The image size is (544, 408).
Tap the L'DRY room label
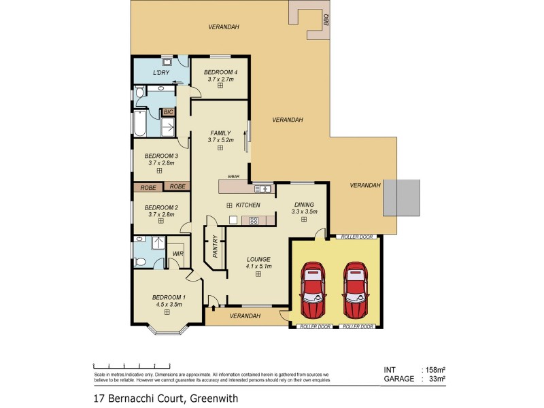point(161,73)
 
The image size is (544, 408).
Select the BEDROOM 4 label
point(220,72)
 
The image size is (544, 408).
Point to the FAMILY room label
point(220,133)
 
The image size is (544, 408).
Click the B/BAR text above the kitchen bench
point(233,177)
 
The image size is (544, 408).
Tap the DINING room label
point(303,204)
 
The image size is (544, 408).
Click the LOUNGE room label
point(258,259)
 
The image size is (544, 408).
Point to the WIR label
point(177,254)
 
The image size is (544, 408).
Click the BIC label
point(168,112)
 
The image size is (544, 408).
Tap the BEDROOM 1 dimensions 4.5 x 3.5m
point(169,305)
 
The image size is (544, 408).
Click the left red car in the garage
point(312,289)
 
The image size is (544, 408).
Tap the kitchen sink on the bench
point(262,188)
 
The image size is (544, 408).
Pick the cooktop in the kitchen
point(253,220)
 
